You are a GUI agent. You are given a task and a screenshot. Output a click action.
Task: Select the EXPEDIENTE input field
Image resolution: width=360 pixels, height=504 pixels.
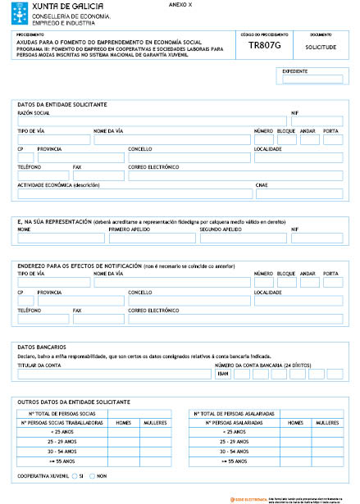[x=312, y=79]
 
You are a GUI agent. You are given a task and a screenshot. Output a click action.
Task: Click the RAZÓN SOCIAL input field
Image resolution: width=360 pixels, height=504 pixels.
[x=151, y=121]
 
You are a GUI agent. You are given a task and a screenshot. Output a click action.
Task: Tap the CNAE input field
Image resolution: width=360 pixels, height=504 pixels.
[x=299, y=194]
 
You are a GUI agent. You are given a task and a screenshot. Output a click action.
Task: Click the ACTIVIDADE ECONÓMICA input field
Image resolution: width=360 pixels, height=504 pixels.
[x=134, y=194]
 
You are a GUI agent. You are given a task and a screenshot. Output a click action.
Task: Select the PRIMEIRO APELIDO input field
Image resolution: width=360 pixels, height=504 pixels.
[x=152, y=239]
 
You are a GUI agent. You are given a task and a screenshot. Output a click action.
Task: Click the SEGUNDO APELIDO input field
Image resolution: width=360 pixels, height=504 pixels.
[x=243, y=239]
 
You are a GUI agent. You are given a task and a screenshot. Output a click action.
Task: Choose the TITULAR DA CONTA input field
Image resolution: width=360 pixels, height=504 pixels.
[x=113, y=374]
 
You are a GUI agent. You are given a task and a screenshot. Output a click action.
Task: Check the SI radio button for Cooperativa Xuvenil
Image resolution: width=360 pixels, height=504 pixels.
[x=74, y=475]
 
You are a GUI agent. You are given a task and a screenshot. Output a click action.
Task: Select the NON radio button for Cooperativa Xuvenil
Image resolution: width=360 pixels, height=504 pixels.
[x=93, y=475]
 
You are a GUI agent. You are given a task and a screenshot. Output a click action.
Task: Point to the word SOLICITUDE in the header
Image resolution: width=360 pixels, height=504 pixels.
[x=320, y=48]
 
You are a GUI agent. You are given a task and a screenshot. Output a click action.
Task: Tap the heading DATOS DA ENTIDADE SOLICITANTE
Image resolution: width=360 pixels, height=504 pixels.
[x=62, y=104]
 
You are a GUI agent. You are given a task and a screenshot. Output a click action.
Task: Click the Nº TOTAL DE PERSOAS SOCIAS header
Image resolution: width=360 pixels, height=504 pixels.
[x=70, y=414]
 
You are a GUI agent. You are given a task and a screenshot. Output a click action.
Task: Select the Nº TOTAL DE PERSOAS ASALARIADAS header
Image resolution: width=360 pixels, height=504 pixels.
[x=239, y=414]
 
